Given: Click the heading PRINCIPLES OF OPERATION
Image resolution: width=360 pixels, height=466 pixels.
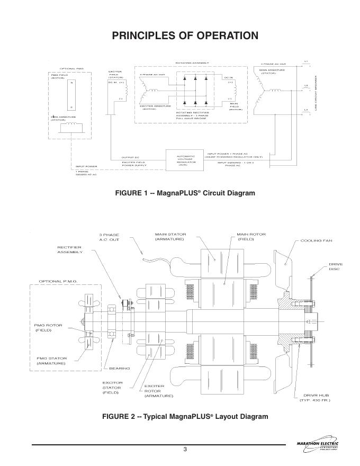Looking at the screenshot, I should click(185, 36).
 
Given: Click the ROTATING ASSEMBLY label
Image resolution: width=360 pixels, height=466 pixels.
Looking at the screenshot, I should click(191, 62).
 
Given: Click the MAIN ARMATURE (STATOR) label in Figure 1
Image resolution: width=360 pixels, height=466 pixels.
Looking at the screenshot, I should click(272, 71).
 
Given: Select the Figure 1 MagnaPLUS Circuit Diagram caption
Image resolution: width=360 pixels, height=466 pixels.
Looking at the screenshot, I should click(185, 193).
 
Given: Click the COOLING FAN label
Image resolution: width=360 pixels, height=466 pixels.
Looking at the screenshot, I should click(316, 241).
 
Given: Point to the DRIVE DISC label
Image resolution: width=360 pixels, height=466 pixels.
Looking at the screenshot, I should click(335, 266).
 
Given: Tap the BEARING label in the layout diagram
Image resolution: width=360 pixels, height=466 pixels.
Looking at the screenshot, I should click(119, 368).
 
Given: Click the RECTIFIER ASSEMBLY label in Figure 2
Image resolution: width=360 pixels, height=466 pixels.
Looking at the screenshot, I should click(70, 249).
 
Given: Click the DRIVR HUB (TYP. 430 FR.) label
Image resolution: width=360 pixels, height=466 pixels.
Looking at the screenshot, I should click(316, 398).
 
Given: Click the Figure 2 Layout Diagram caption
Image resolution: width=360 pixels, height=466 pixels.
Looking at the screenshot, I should click(185, 416).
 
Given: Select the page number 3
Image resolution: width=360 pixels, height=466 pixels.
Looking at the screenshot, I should click(185, 450).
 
